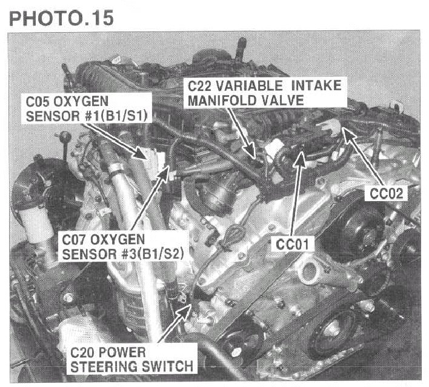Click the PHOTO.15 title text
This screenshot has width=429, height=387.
[61, 18]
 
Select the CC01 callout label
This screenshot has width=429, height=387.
[292, 244]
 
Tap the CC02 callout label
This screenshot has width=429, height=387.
[387, 193]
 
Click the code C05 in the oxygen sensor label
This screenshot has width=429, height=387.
[38, 102]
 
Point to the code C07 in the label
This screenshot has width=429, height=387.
[74, 240]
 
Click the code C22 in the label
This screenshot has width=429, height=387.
[199, 86]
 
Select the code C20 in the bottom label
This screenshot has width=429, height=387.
[82, 352]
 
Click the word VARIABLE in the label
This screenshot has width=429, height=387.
[249, 86]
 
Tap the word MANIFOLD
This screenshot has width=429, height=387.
[222, 101]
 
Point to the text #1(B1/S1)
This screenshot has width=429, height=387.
[117, 116]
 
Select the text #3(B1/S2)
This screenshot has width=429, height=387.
[153, 254]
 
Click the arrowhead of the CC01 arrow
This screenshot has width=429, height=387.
[301, 158]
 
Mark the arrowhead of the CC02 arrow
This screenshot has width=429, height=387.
[348, 134]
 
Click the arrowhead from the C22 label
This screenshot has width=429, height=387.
[250, 153]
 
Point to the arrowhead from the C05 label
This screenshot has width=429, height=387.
[141, 154]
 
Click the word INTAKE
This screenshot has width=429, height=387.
[316, 86]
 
